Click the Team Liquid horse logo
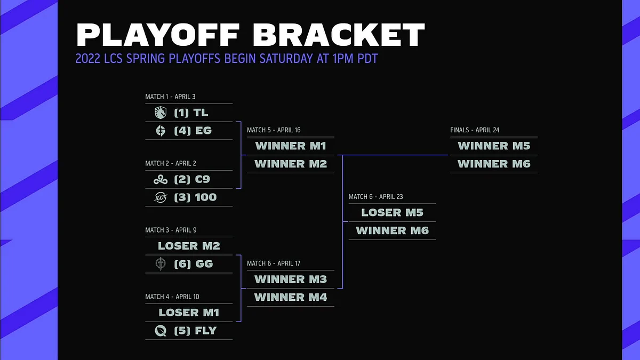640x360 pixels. click(x=161, y=113)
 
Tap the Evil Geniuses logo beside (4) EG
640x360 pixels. click(x=161, y=131)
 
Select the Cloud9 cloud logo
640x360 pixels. click(x=161, y=179)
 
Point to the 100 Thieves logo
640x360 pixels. click(x=161, y=197)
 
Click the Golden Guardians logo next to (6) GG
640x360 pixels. click(x=161, y=263)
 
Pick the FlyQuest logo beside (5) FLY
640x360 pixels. click(x=161, y=331)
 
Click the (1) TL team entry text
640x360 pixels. click(x=191, y=113)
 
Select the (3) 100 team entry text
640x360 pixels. click(x=195, y=197)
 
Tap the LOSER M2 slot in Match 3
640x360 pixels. click(x=189, y=246)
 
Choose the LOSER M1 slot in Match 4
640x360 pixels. click(x=189, y=313)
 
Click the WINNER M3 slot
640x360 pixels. click(x=291, y=279)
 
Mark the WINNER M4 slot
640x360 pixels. click(x=291, y=297)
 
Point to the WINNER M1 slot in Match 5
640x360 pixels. click(x=291, y=146)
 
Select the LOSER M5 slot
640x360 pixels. click(x=393, y=213)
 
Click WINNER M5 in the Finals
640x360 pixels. click(x=494, y=146)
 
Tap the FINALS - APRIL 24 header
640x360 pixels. click(x=475, y=130)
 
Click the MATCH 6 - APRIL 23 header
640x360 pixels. click(x=375, y=197)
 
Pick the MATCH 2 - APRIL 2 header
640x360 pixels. click(x=171, y=163)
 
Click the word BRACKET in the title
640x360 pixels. click(x=339, y=34)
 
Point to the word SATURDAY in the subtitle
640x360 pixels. click(x=286, y=59)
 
